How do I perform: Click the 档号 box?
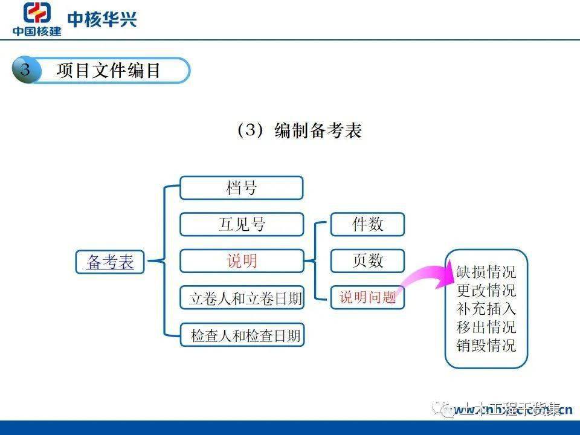pos(241,188)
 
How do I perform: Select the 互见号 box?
pos(241,225)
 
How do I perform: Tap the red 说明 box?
pos(241,261)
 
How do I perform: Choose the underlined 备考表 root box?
pos(110,262)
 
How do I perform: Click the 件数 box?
pos(367,224)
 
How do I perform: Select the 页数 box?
pos(367,261)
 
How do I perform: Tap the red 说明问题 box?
pos(367,297)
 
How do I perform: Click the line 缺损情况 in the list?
pos(486,271)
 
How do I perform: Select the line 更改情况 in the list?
pos(486,290)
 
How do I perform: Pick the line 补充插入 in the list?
pos(486,309)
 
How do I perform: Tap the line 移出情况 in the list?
pos(486,327)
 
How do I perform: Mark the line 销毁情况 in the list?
pos(486,346)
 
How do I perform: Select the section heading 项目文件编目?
pos(109,71)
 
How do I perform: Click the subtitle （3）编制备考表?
pos(298,130)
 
